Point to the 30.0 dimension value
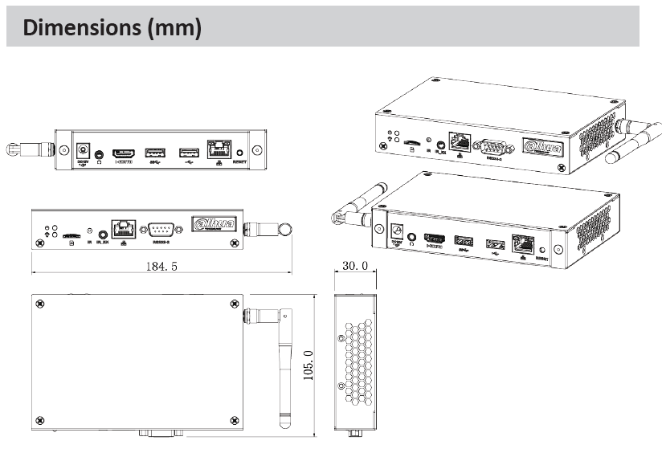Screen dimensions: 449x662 point(355,266)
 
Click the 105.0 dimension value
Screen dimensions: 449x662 point(309,365)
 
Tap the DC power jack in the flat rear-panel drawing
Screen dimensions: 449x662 point(81,150)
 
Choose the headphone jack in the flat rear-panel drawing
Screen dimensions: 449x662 point(100,153)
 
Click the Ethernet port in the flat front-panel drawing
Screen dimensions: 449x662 point(123,228)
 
